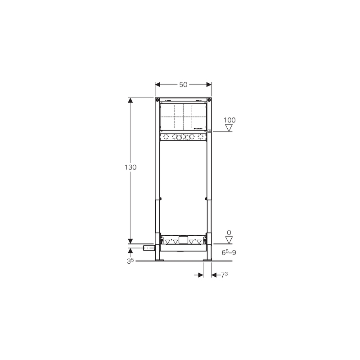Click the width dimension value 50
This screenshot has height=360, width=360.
tap(183, 85)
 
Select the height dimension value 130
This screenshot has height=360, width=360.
tap(130, 167)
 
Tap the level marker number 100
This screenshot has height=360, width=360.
tap(229, 120)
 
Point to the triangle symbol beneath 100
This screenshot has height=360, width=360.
tap(229, 128)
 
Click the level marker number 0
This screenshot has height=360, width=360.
tap(229, 233)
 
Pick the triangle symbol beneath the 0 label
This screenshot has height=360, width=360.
tap(229, 240)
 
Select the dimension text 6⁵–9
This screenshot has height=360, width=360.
tap(229, 252)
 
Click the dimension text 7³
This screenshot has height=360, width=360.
tap(224, 275)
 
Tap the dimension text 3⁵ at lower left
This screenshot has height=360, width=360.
tap(130, 261)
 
